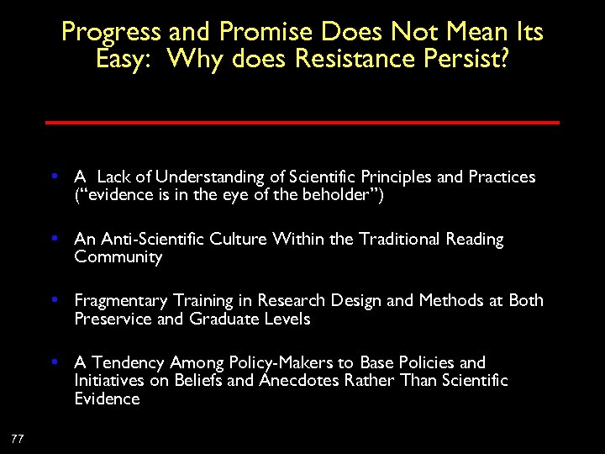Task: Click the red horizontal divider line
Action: click(302, 123)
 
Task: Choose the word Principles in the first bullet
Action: click(397, 177)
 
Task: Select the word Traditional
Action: click(397, 240)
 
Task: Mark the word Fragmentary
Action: click(120, 301)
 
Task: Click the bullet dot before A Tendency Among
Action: click(54, 362)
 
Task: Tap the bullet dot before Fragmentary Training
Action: click(54, 300)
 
